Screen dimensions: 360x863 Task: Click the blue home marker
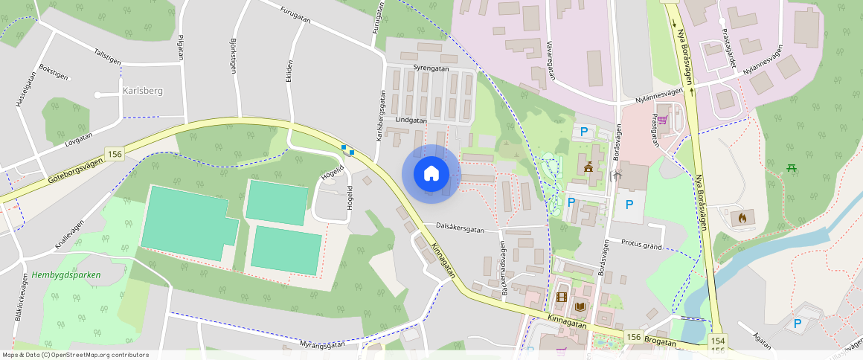pos(431,173)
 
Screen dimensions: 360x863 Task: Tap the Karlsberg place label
pos(141,91)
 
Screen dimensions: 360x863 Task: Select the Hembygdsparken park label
pos(66,274)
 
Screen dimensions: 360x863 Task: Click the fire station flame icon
pos(741,218)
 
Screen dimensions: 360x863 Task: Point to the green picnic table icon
pos(792,167)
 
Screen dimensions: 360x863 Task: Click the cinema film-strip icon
pos(561,298)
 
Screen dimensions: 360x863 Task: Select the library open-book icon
pos(580,306)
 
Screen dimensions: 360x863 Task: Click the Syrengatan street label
pos(431,68)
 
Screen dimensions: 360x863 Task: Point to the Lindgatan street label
pos(411,120)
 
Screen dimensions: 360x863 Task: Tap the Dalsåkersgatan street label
pos(460,230)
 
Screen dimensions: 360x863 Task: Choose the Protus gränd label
pos(641,245)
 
